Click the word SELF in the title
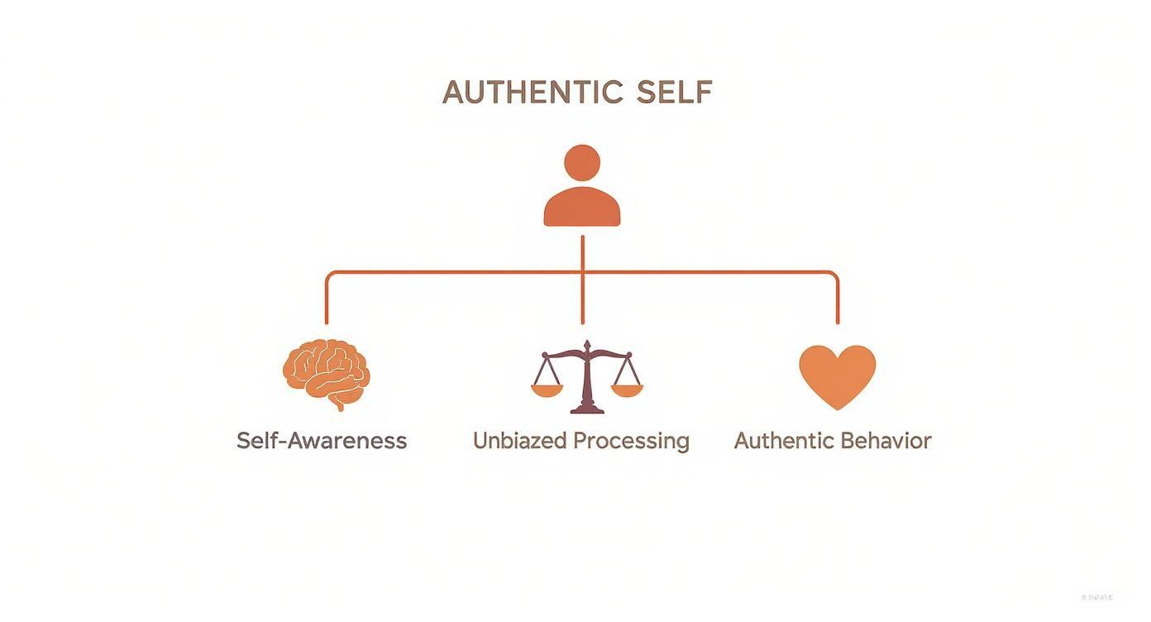pyautogui.click(x=675, y=92)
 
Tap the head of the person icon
pyautogui.click(x=582, y=161)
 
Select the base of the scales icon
pyautogui.click(x=586, y=408)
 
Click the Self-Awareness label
pyautogui.click(x=322, y=440)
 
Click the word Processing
pyautogui.click(x=632, y=441)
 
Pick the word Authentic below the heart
pyautogui.click(x=782, y=440)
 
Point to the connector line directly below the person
pyautogui.click(x=582, y=252)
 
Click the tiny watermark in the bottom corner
pyautogui.click(x=1096, y=596)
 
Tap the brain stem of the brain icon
pyautogui.click(x=339, y=404)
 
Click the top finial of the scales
pyautogui.click(x=586, y=344)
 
